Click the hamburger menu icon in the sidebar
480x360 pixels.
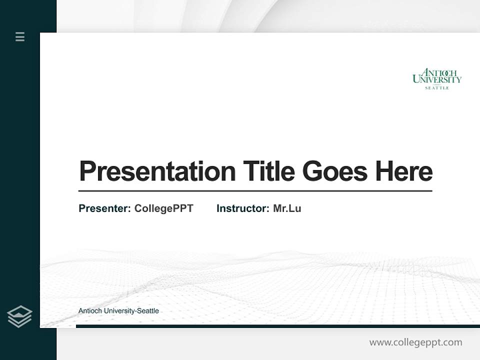pyautogui.click(x=20, y=36)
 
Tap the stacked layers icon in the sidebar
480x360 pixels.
pyautogui.click(x=19, y=316)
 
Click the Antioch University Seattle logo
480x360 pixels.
pyautogui.click(x=437, y=79)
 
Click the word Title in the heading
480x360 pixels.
pyautogui.click(x=268, y=171)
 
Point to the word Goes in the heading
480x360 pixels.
pyautogui.click(x=335, y=171)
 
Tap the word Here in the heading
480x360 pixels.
pyautogui.click(x=404, y=171)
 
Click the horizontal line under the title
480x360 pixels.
pyautogui.click(x=255, y=190)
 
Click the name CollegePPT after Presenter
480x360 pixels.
pyautogui.click(x=163, y=208)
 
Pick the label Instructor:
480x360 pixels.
pyautogui.click(x=242, y=208)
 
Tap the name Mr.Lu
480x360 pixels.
pyautogui.click(x=287, y=208)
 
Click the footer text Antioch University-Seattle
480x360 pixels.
pyautogui.click(x=118, y=311)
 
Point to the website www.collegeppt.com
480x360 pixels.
pyautogui.click(x=415, y=342)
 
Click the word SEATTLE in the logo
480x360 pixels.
pyautogui.click(x=437, y=88)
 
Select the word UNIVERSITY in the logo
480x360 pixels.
pyautogui.click(x=437, y=79)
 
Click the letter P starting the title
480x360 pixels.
pyautogui.click(x=86, y=171)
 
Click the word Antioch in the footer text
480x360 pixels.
pyautogui.click(x=89, y=311)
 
